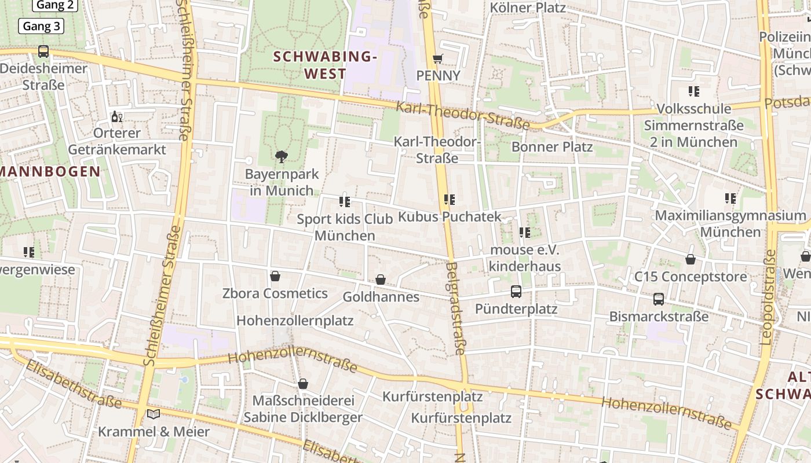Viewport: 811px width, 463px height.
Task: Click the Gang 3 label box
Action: (x=41, y=26)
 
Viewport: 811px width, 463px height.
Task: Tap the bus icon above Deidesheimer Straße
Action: (x=43, y=51)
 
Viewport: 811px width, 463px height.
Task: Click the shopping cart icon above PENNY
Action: (x=438, y=59)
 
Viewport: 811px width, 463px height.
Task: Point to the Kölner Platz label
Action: (x=527, y=8)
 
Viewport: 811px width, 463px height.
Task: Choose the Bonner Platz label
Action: (x=551, y=146)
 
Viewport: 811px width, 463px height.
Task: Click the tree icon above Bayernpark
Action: (x=282, y=156)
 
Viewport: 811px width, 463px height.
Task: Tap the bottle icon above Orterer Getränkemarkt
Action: (x=117, y=117)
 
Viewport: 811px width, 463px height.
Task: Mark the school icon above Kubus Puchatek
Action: (x=449, y=200)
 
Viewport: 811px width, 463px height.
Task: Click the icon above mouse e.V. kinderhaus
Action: (x=524, y=233)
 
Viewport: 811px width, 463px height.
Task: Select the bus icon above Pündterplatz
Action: (x=516, y=292)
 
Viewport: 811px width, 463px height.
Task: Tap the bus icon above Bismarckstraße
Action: (x=659, y=299)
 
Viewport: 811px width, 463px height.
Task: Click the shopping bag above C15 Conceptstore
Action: (x=690, y=259)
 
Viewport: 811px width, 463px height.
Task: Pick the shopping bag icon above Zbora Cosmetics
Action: (x=275, y=276)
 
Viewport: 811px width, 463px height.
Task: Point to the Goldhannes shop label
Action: (x=381, y=297)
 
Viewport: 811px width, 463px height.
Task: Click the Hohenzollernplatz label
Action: (x=295, y=320)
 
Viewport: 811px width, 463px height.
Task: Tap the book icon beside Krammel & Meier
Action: (x=154, y=414)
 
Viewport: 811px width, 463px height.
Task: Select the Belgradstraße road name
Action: (x=456, y=308)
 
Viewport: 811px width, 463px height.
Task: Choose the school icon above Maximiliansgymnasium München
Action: (x=730, y=199)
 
